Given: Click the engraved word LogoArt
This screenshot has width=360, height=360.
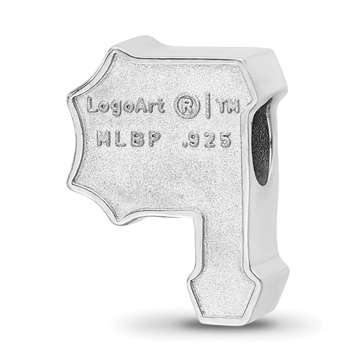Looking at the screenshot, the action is [x=126, y=106].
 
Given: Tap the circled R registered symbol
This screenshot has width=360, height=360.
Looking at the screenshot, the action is [x=186, y=107].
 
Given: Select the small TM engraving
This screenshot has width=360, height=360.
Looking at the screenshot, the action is [x=229, y=107].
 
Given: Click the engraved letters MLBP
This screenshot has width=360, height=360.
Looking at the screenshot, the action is [x=128, y=139].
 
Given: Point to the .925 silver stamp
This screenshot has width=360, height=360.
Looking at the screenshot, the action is [x=206, y=140].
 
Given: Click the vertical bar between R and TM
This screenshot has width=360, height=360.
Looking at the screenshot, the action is [x=209, y=106].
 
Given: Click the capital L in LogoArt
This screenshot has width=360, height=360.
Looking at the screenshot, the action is [x=93, y=105].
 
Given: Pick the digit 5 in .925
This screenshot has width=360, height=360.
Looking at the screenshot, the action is [x=224, y=141].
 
